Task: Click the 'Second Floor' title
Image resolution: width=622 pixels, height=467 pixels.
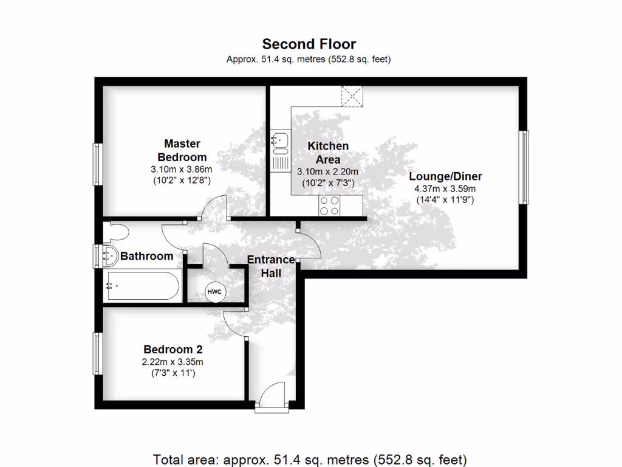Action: tap(309, 44)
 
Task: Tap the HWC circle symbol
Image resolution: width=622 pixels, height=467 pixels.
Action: tap(215, 292)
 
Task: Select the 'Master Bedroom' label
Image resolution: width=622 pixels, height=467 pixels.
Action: tap(182, 150)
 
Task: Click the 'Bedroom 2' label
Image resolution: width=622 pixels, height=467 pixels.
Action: tap(173, 350)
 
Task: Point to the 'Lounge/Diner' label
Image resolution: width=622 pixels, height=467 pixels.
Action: tap(445, 176)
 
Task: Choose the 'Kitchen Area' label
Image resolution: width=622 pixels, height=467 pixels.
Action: tap(328, 152)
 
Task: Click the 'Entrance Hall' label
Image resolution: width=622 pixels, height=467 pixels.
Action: tap(271, 266)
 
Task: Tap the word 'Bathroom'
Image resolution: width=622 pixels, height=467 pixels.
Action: tap(146, 256)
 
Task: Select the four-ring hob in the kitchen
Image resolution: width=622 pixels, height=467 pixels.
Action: tap(330, 206)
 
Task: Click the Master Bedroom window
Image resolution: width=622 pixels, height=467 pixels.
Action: tap(96, 164)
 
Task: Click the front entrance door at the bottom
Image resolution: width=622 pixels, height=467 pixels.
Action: tap(270, 398)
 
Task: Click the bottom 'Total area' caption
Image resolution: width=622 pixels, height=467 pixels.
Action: tap(310, 459)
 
